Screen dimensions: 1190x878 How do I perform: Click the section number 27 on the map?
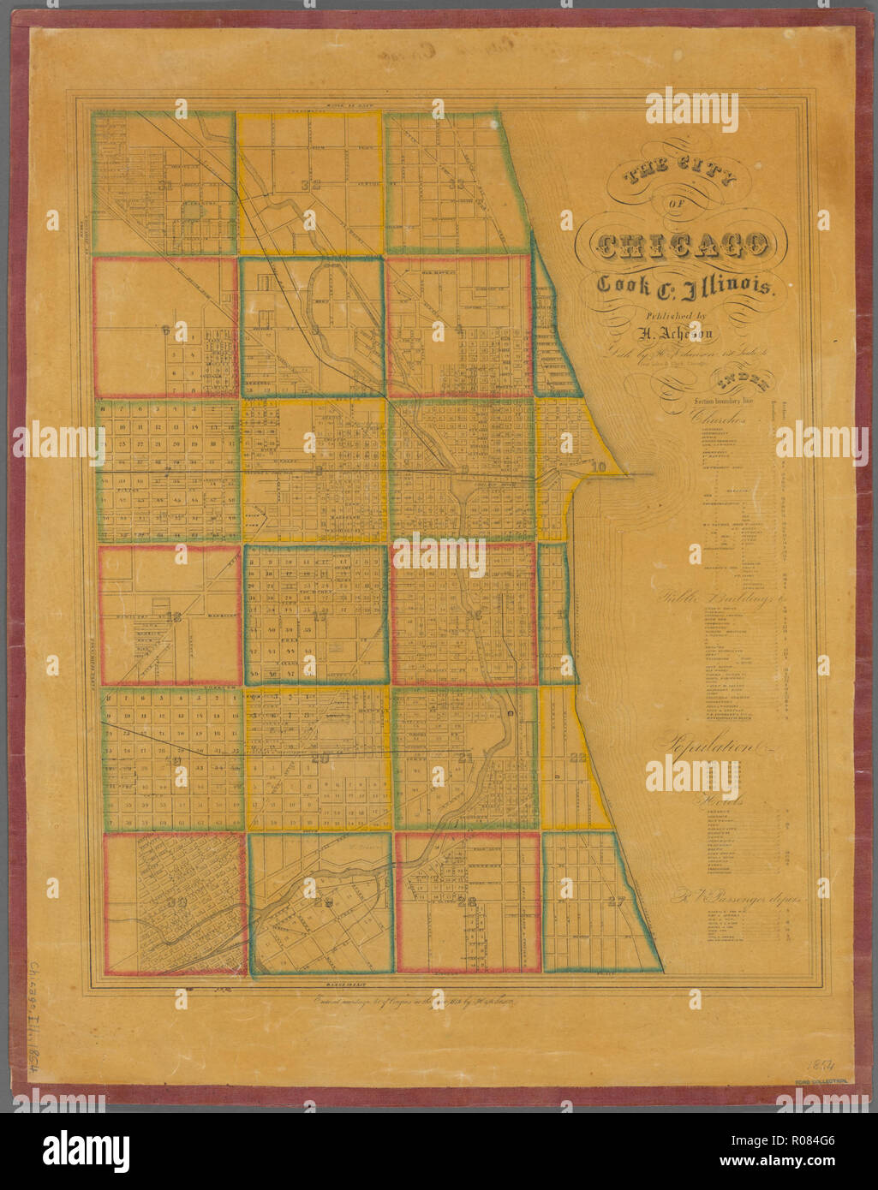tap(616, 901)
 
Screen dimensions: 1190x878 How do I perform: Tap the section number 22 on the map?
tap(578, 757)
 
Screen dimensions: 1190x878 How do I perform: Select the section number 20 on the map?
tap(322, 757)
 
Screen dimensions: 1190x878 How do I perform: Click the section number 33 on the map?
tap(456, 184)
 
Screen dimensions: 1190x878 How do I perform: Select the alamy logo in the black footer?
tap(86, 1150)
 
